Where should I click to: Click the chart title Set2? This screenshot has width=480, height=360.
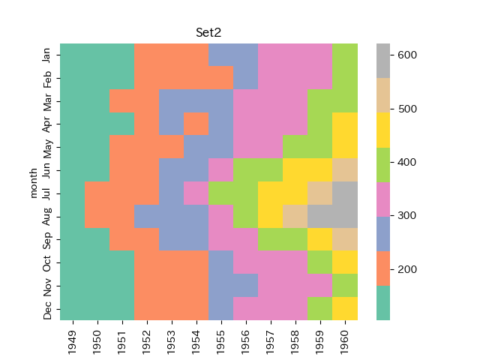point(208,33)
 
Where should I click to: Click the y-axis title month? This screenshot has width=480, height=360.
point(34,182)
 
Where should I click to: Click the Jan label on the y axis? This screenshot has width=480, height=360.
point(47,55)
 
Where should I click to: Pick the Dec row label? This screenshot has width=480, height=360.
point(47,309)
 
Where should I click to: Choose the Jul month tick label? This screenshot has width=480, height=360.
point(47,193)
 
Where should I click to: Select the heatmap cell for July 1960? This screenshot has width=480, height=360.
point(345,193)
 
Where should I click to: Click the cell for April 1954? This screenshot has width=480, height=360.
point(196,124)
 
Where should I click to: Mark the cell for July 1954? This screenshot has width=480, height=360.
point(196,193)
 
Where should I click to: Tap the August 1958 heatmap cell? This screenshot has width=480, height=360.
point(295,217)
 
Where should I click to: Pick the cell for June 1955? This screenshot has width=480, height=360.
point(221,170)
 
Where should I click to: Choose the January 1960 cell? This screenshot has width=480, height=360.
point(345,55)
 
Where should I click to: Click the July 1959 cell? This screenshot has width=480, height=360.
point(320,193)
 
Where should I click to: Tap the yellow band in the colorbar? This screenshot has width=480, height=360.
point(383,130)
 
